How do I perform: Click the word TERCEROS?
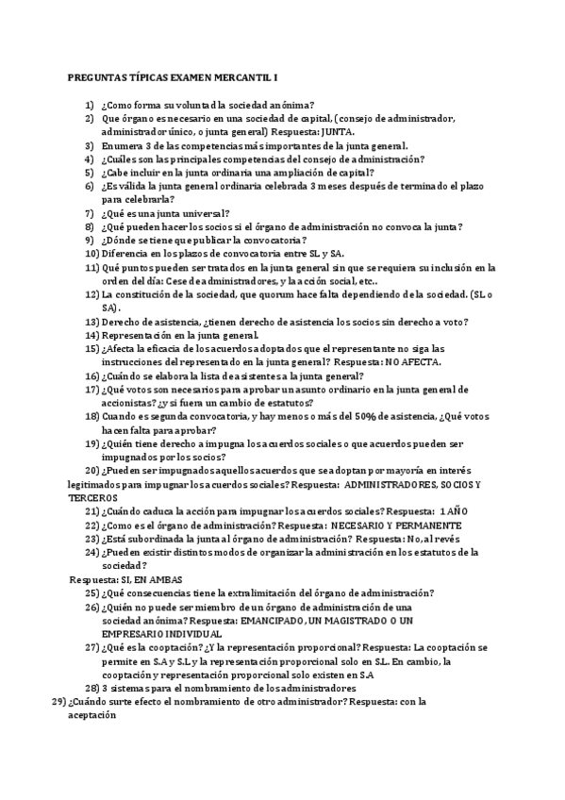click(92, 497)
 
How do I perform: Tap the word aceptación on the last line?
click(91, 716)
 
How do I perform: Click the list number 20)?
click(91, 471)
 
